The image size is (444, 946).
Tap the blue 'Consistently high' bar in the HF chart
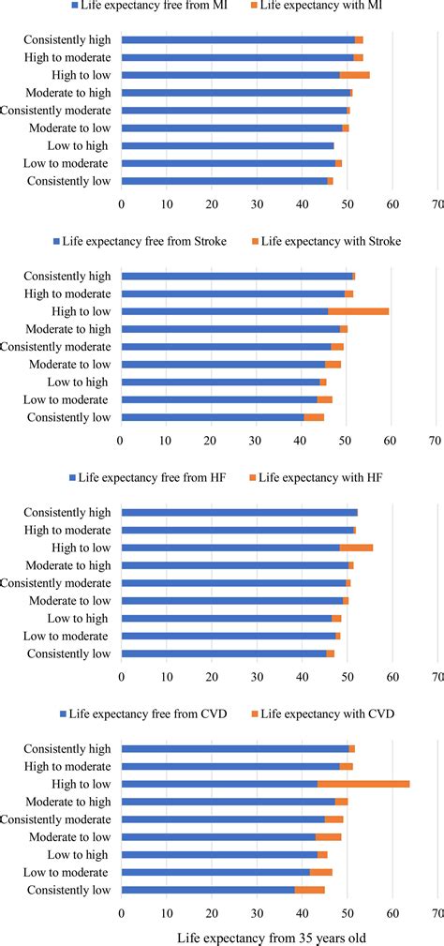pyautogui.click(x=240, y=513)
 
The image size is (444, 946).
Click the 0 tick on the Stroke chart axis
pyautogui.click(x=120, y=439)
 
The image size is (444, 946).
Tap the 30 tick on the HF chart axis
pyautogui.click(x=257, y=675)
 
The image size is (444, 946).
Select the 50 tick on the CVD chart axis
pyautogui.click(x=347, y=912)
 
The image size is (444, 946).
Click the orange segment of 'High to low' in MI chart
pyautogui.click(x=355, y=74)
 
